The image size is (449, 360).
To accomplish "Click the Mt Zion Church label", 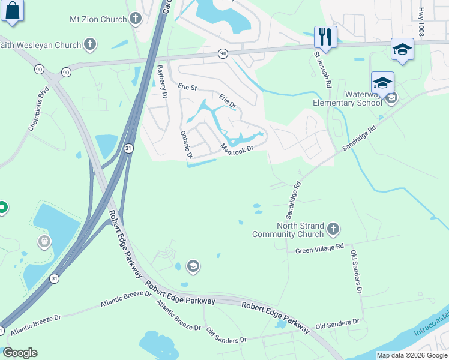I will pos(98,19).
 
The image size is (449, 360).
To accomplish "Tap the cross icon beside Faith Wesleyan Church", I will pos(90,44).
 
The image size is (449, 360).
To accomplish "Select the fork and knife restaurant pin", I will pos(325,37).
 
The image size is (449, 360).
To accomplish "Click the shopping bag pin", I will pos(13,11).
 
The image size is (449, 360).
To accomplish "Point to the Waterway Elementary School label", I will pos(355,98).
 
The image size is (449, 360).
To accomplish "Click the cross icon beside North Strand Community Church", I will pos(333,229).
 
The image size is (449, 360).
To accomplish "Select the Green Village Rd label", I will pos(319,247).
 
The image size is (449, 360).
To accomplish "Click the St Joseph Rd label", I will pos(321,70).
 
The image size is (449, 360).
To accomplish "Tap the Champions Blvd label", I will pos(38,112).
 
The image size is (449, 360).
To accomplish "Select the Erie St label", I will pos(187,87).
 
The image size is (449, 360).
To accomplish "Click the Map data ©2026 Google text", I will pos(411,355).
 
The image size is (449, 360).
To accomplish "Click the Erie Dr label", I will pos(228,100).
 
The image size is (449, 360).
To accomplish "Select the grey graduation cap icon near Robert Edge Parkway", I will pos(193,265).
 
